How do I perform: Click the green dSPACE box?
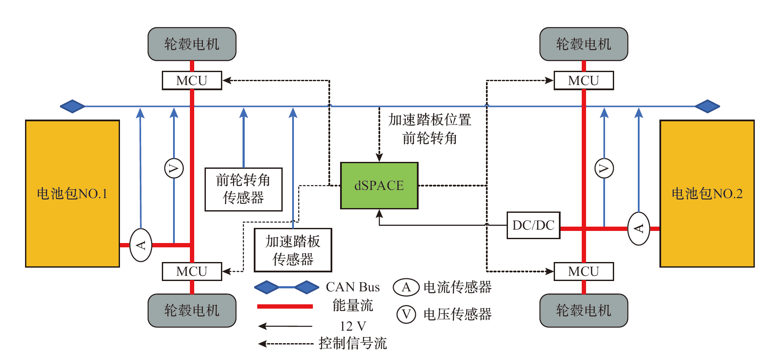(379, 186)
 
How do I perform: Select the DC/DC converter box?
(533, 225)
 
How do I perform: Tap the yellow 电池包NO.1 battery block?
(72, 193)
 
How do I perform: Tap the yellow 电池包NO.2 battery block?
(707, 193)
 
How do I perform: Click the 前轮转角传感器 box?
(243, 189)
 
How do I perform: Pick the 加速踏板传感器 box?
(293, 250)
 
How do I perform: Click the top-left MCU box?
(192, 81)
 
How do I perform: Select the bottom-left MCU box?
(192, 272)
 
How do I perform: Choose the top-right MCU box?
(583, 81)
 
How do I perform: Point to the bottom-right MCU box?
(583, 272)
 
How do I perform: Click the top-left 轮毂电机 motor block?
(192, 44)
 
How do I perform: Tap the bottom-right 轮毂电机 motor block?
(583, 310)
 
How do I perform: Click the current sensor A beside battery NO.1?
(141, 245)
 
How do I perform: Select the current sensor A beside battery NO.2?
(639, 229)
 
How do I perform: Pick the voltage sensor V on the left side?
(174, 168)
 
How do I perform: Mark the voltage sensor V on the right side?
(604, 168)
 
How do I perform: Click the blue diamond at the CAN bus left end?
(73, 106)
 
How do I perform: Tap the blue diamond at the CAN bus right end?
(707, 106)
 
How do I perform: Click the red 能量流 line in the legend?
(285, 306)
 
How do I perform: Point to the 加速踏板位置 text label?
(429, 120)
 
